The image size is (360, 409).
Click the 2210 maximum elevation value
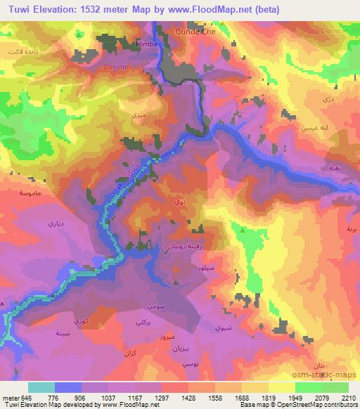[x=348, y=398]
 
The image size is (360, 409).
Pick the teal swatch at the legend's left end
[x=41, y=388]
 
